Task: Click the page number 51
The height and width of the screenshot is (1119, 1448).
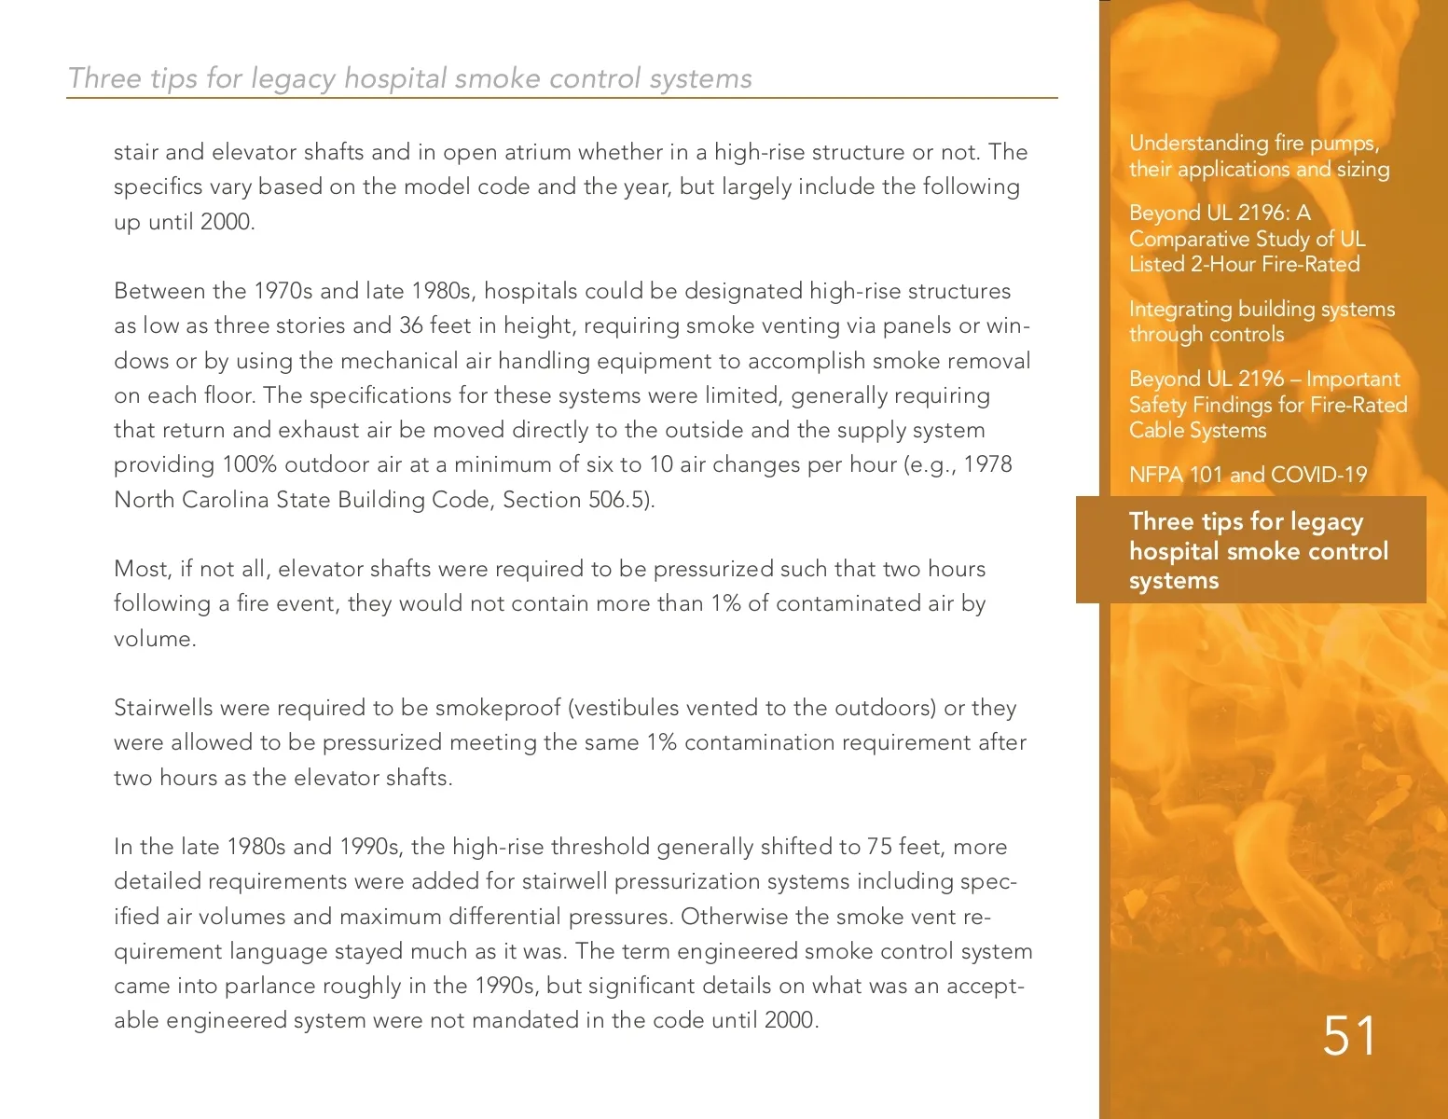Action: pos(1349,1036)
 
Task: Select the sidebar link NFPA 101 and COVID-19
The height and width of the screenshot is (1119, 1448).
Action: pos(1248,475)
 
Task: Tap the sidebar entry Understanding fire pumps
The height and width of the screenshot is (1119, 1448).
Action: pos(1254,144)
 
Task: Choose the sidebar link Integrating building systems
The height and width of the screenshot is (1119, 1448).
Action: pos(1262,310)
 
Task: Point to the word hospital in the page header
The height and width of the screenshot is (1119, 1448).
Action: pos(398,78)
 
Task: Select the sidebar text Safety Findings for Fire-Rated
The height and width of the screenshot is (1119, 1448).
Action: pos(1268,405)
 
